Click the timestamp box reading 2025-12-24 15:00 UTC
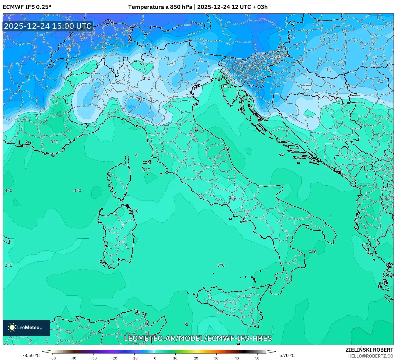click(x=48, y=26)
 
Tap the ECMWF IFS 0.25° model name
click(x=27, y=7)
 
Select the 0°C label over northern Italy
click(x=146, y=78)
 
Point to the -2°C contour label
click(x=140, y=100)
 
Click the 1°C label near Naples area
click(x=232, y=197)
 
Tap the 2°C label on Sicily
click(x=221, y=312)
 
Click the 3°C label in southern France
click(x=54, y=142)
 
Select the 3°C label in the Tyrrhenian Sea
click(x=221, y=265)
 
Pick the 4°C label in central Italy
click(x=227, y=149)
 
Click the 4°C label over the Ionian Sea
click(x=313, y=252)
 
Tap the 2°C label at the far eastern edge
click(x=376, y=135)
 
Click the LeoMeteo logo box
click(x=26, y=327)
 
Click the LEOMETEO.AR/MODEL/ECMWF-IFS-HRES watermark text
click(x=198, y=338)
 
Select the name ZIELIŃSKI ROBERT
click(x=369, y=350)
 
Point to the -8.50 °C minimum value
click(x=31, y=355)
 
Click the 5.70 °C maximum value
click(x=287, y=355)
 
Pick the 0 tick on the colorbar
click(x=155, y=358)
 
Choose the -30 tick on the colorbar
click(x=93, y=358)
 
